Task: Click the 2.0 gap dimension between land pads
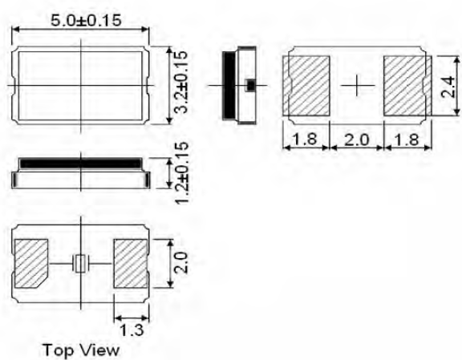tap(356, 140)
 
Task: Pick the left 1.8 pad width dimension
tap(306, 140)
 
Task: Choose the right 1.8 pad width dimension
tap(406, 140)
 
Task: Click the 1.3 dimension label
tap(130, 328)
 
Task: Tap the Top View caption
tap(81, 350)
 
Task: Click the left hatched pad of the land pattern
tap(308, 85)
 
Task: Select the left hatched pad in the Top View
tap(32, 263)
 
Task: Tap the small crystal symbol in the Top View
tap(80, 262)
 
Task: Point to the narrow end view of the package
tap(238, 84)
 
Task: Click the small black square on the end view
tap(249, 84)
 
